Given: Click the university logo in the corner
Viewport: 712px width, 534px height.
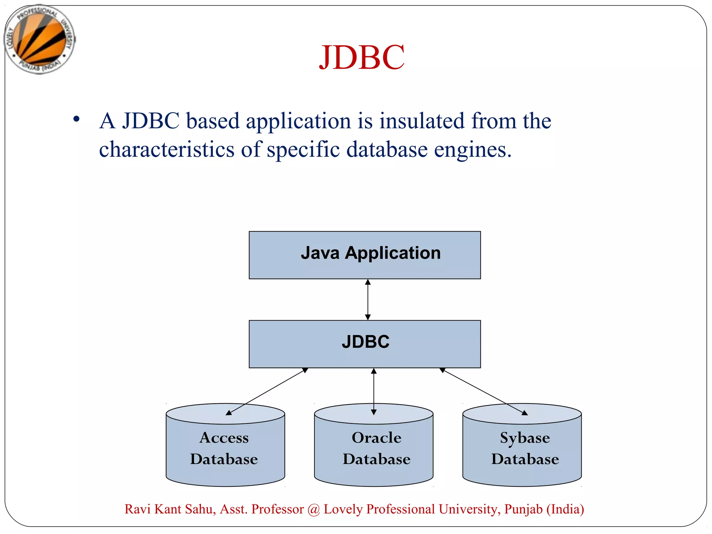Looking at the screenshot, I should [40, 39].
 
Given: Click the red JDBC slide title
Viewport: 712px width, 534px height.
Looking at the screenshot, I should [362, 57].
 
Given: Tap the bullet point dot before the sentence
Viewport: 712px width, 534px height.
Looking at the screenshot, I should [76, 119].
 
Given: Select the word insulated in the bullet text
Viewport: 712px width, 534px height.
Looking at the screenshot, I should [422, 121].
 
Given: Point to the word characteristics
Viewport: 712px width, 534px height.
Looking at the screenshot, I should [167, 149].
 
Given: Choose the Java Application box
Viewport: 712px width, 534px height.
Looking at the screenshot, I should [365, 255].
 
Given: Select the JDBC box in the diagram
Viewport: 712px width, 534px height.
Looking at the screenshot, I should [365, 344].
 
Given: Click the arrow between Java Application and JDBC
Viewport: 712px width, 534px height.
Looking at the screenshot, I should [368, 299].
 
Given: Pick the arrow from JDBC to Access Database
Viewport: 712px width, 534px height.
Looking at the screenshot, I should [267, 391].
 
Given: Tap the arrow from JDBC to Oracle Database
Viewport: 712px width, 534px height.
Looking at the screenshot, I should [374, 391].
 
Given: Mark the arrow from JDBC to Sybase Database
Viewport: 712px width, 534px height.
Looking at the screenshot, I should [484, 391].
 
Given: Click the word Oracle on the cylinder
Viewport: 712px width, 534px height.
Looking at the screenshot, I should [377, 438].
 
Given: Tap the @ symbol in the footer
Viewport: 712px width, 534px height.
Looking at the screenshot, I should [314, 510].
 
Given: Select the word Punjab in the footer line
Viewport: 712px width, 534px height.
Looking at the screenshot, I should [523, 509].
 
